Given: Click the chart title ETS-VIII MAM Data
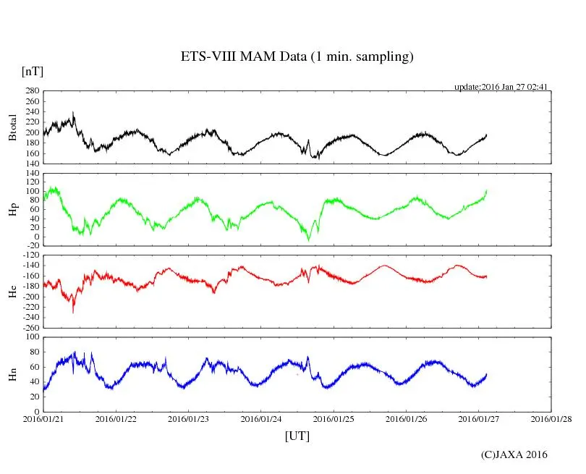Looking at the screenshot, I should (297, 57).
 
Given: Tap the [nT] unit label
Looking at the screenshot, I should (33, 72).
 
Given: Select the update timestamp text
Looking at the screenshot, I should (500, 87).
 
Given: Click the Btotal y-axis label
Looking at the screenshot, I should (12, 127).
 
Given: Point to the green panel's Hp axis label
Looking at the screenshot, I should (12, 210).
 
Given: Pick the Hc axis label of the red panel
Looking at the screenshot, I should (12, 292).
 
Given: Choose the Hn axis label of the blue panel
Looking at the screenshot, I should (12, 374).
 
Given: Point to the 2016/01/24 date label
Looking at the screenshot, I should (261, 419).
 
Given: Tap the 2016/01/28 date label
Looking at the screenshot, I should (552, 419).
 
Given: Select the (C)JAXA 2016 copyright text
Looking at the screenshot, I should (514, 454).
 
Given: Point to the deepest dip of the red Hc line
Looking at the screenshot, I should (73, 312).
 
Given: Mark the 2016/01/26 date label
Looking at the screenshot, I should (407, 419).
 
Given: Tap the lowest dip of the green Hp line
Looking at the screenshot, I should (308, 240).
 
